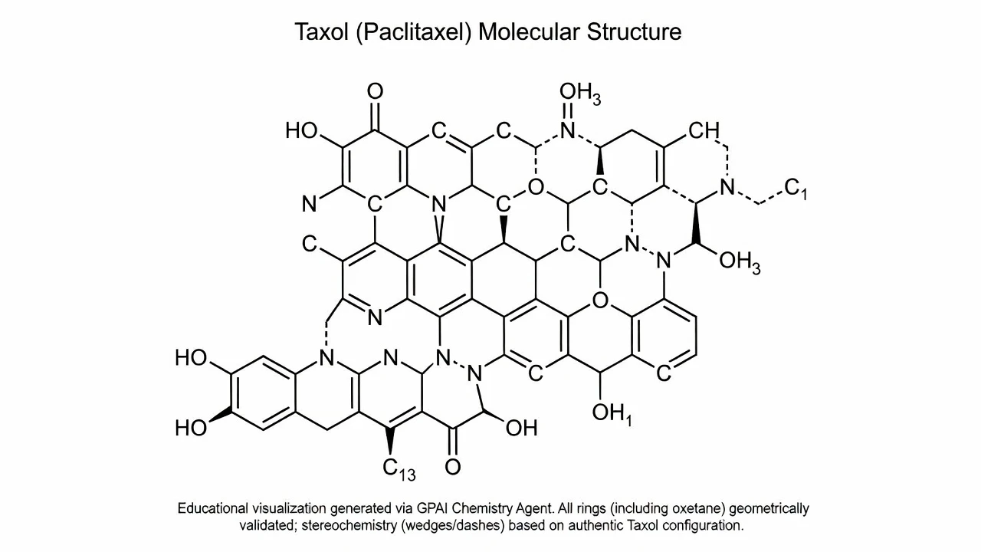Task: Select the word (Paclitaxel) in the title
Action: [x=414, y=33]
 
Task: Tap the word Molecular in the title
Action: [x=529, y=32]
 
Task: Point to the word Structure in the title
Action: [x=634, y=32]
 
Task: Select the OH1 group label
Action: [x=612, y=415]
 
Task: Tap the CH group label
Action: [x=704, y=130]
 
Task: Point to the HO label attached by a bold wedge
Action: [x=191, y=428]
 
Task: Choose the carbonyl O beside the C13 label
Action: [x=453, y=467]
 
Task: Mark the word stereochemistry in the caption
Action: [x=349, y=525]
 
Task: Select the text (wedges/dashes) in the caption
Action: [x=452, y=526]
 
